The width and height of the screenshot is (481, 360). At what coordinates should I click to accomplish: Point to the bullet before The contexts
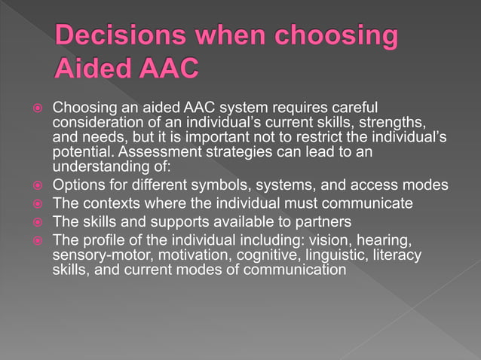(35, 203)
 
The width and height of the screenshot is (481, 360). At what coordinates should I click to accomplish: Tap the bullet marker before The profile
(35, 239)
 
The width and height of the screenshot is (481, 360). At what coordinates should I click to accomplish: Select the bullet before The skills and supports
(35, 221)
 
